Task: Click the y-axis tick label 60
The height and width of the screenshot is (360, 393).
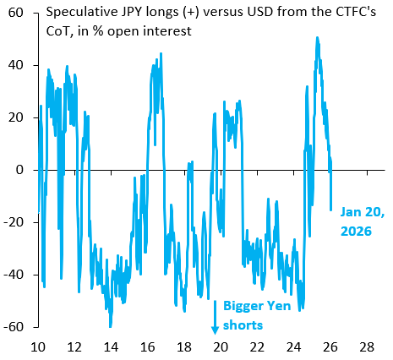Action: click(x=15, y=13)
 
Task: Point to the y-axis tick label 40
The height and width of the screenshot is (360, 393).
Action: click(x=15, y=65)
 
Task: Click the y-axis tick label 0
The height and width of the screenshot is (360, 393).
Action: click(x=19, y=170)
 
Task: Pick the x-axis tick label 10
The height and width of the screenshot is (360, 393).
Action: click(x=38, y=347)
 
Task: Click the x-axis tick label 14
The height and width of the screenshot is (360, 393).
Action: click(x=111, y=347)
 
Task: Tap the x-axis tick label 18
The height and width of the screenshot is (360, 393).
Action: click(x=184, y=347)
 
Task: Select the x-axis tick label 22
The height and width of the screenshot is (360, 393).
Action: click(x=258, y=347)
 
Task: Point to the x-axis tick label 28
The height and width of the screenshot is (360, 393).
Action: click(x=368, y=347)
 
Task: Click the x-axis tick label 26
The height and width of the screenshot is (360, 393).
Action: click(x=330, y=347)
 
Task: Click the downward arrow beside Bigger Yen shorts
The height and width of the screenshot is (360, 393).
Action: click(x=215, y=317)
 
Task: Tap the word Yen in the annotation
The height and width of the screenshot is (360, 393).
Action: click(x=279, y=306)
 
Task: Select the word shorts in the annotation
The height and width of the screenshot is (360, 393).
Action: click(x=243, y=325)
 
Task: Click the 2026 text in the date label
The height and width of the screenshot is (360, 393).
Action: click(x=356, y=232)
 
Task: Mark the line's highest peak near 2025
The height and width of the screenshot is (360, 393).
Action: click(x=317, y=37)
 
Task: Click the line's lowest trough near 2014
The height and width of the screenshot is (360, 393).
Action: click(x=111, y=326)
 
